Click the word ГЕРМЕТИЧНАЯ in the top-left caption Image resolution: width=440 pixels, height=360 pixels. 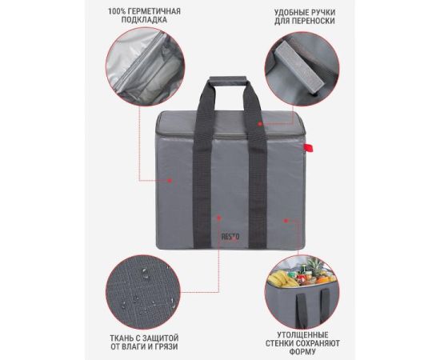[153, 11]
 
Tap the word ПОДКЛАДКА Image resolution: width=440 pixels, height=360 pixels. [144, 20]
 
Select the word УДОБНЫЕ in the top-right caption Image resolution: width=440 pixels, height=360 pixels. [291, 13]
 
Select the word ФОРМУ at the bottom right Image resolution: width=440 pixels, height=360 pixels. [302, 351]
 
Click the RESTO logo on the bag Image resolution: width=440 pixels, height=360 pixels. [230, 237]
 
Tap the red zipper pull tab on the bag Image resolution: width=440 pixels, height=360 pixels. [308, 147]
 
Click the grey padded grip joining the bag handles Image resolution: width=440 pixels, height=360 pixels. [228, 79]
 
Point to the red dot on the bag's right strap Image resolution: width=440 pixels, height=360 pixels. [260, 123]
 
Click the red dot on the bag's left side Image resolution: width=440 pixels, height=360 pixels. [170, 181]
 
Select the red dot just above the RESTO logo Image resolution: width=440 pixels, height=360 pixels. [219, 218]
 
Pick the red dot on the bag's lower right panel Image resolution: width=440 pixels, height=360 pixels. [286, 221]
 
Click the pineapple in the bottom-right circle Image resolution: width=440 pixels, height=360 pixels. [315, 266]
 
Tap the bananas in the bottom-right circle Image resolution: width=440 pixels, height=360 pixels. [282, 278]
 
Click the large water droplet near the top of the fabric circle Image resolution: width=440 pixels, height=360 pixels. [145, 273]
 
